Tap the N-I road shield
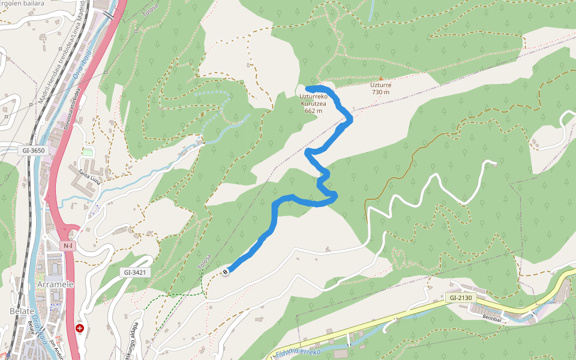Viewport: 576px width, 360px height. tap(67, 245)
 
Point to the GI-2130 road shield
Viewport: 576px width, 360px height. tap(460, 298)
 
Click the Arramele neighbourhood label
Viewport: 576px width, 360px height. tap(55, 284)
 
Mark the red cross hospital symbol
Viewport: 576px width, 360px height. tap(80, 328)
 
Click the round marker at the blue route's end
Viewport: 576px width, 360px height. tap(226, 272)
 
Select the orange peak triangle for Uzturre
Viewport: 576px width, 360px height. tap(380, 78)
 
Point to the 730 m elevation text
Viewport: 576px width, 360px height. tap(380, 92)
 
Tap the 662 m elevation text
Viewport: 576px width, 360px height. tap(313, 110)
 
